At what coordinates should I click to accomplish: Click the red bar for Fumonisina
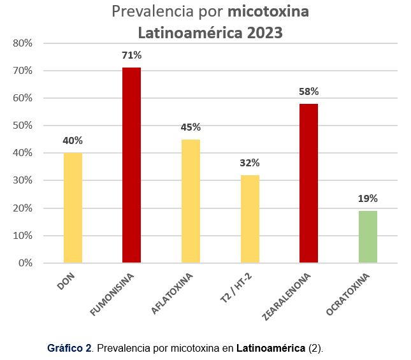click(132, 165)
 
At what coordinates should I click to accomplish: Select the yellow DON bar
click(73, 208)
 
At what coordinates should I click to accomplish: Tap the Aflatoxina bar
click(191, 201)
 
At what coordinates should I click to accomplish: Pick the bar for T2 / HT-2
click(250, 219)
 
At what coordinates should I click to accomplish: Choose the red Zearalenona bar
click(308, 183)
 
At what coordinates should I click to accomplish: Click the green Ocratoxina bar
click(368, 236)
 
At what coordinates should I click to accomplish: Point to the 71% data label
click(132, 55)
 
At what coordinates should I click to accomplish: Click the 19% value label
click(368, 199)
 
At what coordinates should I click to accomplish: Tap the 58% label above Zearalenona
click(308, 92)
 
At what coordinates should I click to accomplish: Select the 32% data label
click(250, 163)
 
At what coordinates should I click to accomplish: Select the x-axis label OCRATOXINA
click(349, 293)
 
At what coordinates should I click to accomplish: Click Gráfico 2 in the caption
click(69, 349)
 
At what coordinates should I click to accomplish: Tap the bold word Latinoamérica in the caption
click(271, 349)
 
